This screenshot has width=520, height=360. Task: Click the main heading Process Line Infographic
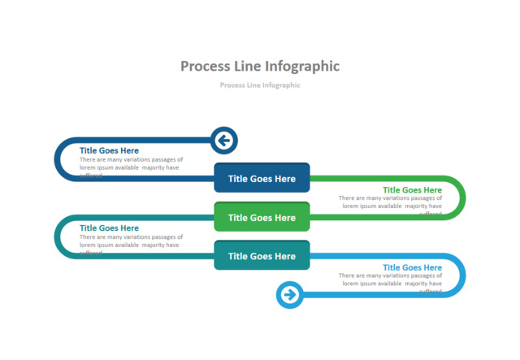[x=260, y=67]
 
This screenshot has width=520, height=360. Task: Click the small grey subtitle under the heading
[x=260, y=85]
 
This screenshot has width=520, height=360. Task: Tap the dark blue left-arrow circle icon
[x=223, y=141]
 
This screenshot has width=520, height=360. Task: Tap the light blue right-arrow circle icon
[x=290, y=294]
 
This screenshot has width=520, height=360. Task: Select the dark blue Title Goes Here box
[x=262, y=179]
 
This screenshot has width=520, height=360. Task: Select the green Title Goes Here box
[x=262, y=217]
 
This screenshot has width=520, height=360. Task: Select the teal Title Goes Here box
[x=262, y=256]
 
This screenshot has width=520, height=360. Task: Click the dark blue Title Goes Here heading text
[x=109, y=150]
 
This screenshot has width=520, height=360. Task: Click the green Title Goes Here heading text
[x=412, y=189]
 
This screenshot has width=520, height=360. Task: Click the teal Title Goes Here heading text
[x=109, y=228]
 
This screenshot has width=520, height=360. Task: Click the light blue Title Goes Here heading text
[x=412, y=267]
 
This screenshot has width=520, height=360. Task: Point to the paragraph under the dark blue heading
[x=130, y=164]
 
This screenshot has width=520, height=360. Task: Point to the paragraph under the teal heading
[x=130, y=241]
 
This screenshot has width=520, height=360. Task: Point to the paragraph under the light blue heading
[x=391, y=280]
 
